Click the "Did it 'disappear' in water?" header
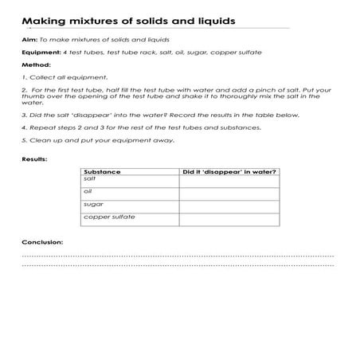coord(229,172)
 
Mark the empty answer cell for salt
coord(229,182)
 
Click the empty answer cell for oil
coord(229,194)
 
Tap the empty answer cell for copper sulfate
coord(229,220)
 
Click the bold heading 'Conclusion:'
coord(42,241)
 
